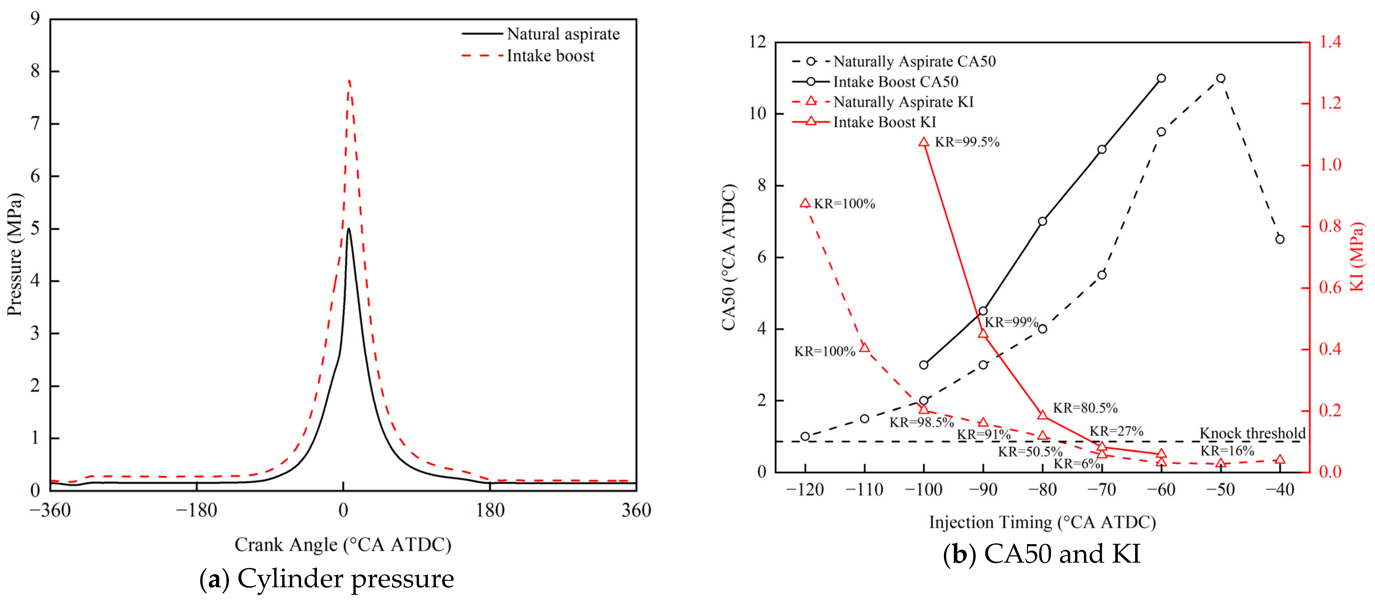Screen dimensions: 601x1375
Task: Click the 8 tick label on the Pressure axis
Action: click(x=35, y=71)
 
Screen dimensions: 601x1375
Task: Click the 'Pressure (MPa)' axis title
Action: click(x=15, y=254)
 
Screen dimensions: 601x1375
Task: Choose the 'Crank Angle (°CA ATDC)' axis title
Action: click(x=343, y=544)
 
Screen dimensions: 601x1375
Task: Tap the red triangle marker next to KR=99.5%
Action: click(x=924, y=142)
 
